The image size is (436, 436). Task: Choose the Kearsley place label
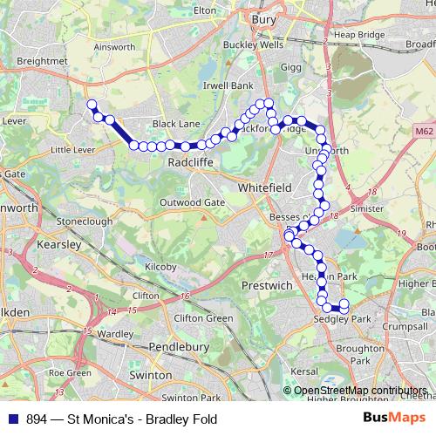coord(59,245)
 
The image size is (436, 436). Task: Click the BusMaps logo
coord(396,419)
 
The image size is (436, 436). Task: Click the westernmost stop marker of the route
coord(91,105)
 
